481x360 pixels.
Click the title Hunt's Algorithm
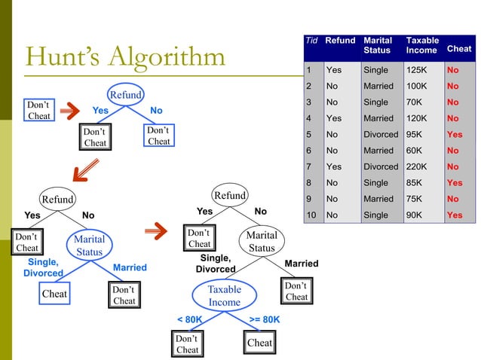[x=125, y=56]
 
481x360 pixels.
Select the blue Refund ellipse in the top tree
[x=124, y=95]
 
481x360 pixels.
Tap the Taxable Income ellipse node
[x=224, y=295]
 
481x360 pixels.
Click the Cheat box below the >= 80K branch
[x=259, y=343]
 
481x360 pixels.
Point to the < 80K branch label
[x=189, y=319]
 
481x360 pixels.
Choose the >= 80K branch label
[x=265, y=319]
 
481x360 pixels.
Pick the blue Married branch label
[x=130, y=267]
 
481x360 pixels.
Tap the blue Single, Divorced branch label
[x=43, y=267]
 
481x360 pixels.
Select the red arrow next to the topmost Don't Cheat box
[x=69, y=111]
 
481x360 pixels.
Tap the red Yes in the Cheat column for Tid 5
[x=455, y=135]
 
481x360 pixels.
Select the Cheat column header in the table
[x=459, y=48]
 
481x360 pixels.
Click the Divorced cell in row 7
[x=381, y=166]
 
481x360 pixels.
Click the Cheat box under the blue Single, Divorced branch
[x=54, y=294]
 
